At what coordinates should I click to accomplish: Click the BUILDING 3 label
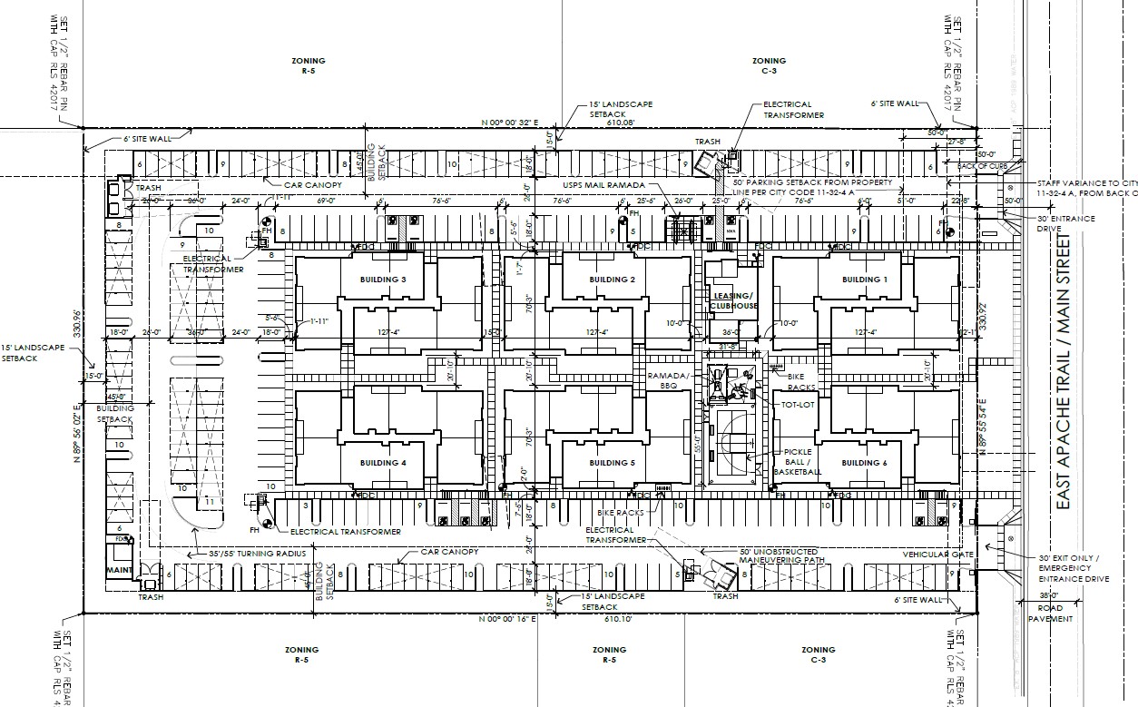pyautogui.click(x=384, y=280)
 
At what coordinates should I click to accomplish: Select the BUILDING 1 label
pyautogui.click(x=865, y=280)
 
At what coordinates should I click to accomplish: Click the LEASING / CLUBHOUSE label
pyautogui.click(x=733, y=301)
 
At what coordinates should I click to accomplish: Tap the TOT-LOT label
pyautogui.click(x=794, y=405)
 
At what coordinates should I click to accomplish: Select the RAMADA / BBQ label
pyautogui.click(x=669, y=379)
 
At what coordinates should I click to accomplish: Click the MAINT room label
pyautogui.click(x=120, y=571)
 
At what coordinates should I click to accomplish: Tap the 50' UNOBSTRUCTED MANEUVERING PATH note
pyautogui.click(x=779, y=556)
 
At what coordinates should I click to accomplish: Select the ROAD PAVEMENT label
pyautogui.click(x=1051, y=614)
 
